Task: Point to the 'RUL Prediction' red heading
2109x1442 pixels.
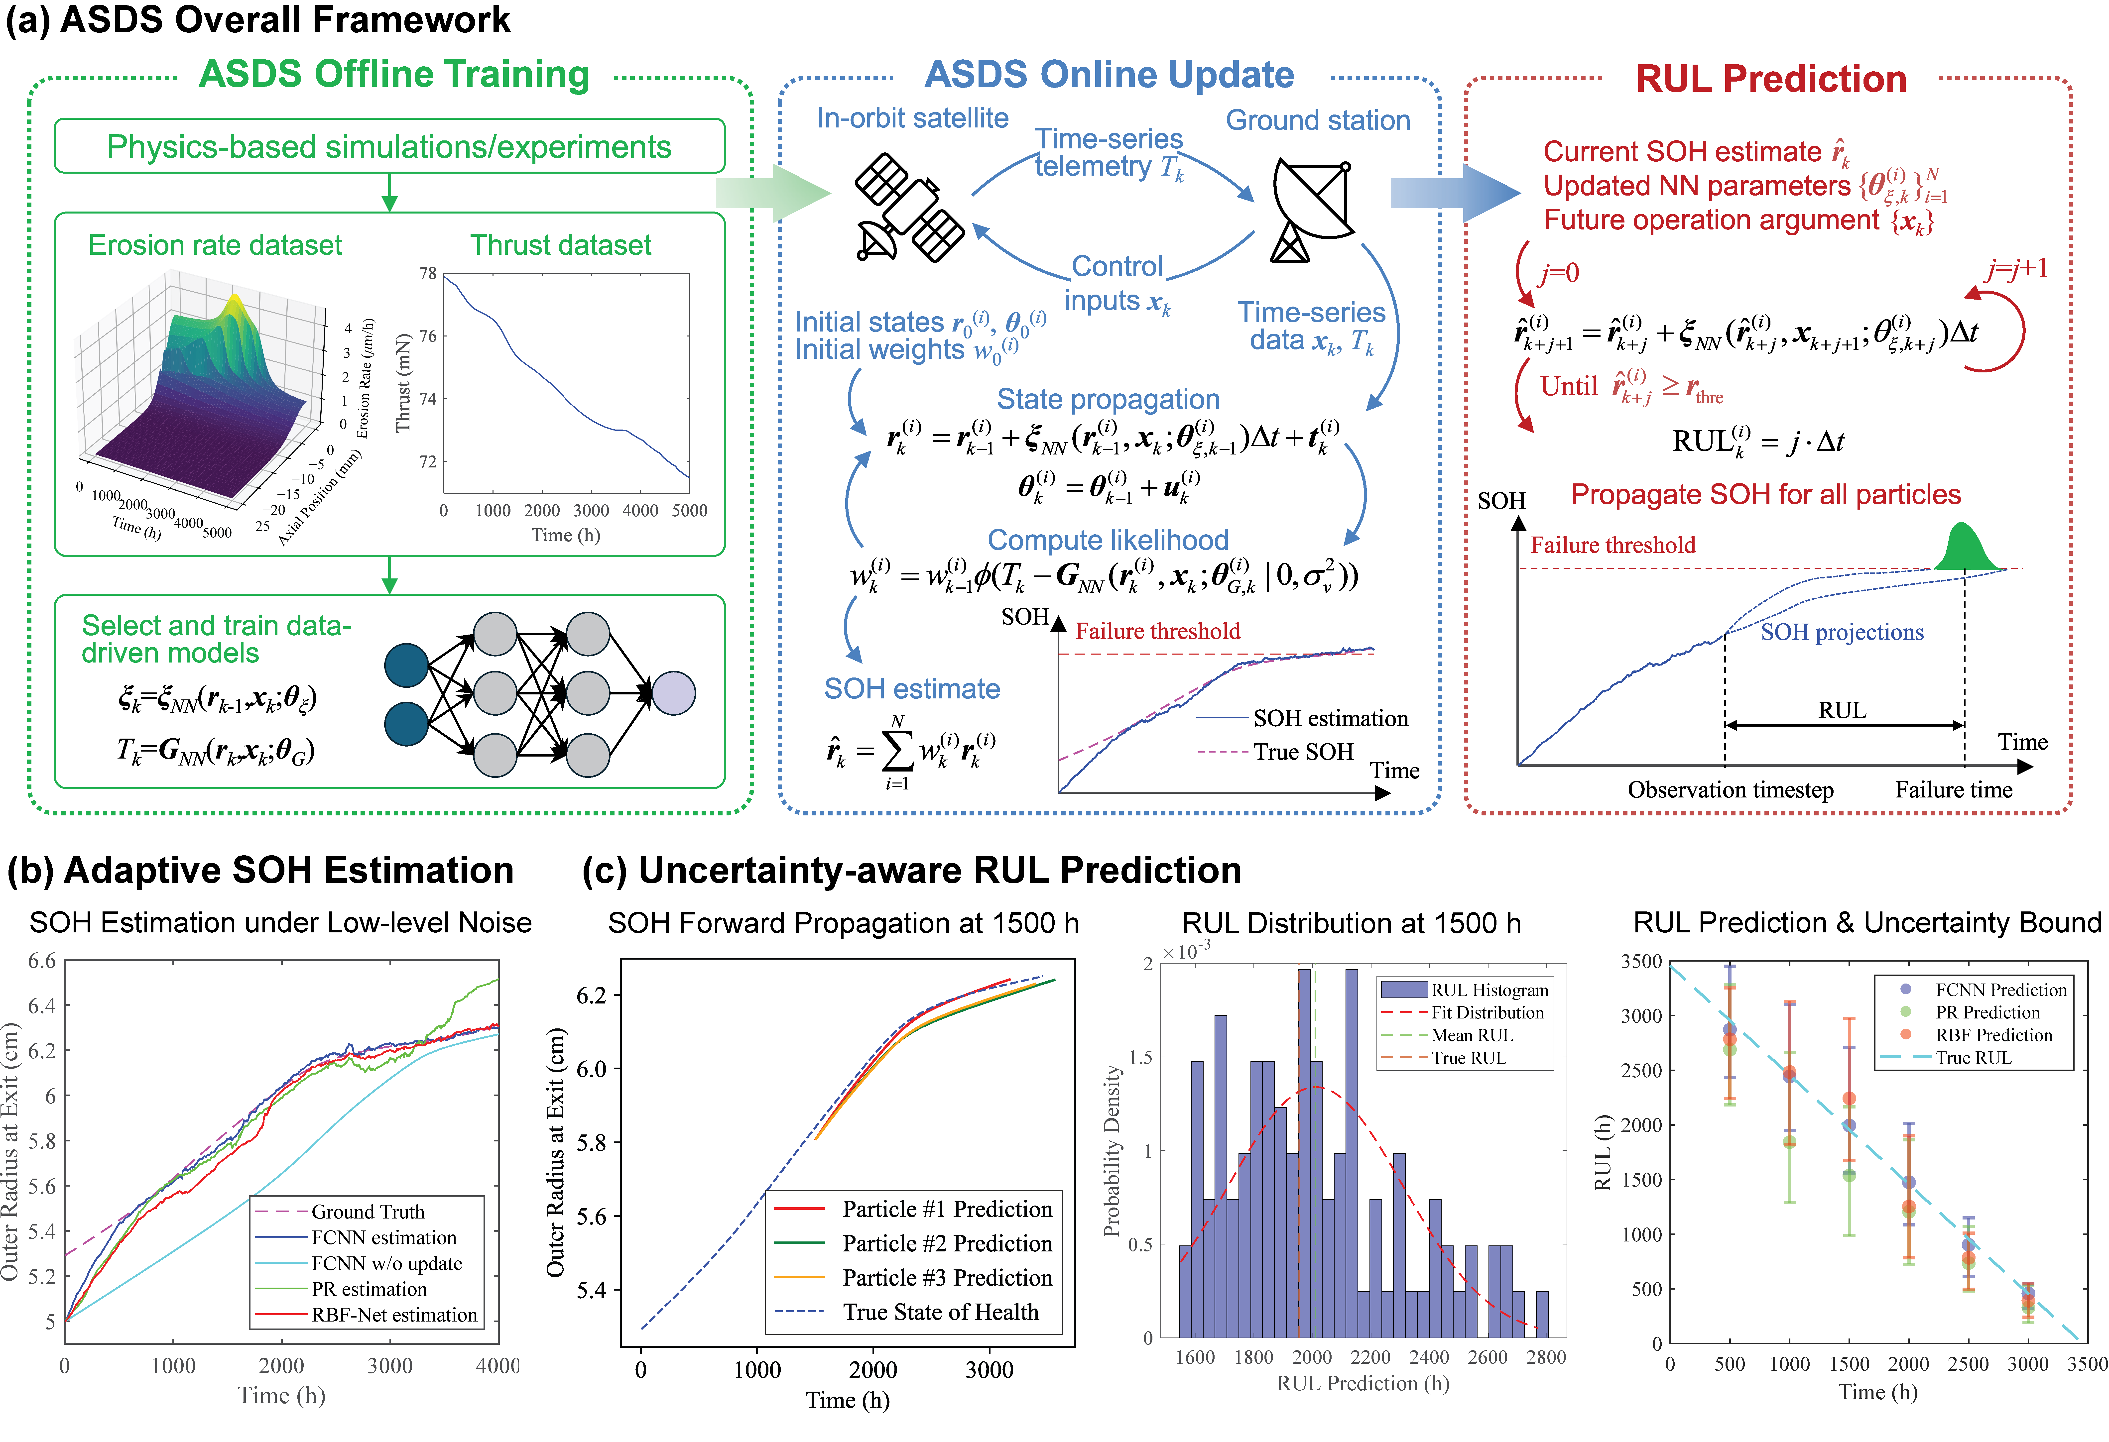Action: coord(1770,79)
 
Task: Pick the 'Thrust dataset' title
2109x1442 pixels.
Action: coord(560,245)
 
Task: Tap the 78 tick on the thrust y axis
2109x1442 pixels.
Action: coord(427,273)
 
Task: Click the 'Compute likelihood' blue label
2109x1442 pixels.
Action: coord(1107,540)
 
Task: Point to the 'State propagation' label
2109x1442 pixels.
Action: coord(1107,399)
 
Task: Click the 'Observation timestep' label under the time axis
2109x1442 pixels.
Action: coord(1730,790)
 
